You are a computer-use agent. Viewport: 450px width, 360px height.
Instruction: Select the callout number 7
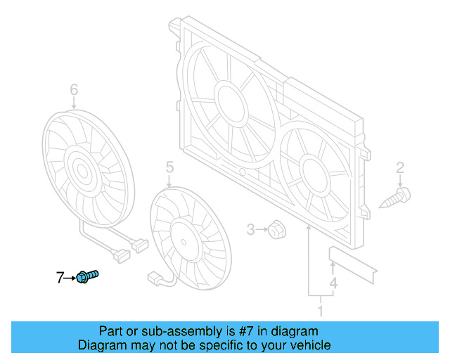click(60, 278)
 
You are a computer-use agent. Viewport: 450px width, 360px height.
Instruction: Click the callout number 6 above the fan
click(74, 89)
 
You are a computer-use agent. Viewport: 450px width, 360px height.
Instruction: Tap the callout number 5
click(169, 167)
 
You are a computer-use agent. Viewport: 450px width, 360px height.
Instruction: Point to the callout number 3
click(250, 229)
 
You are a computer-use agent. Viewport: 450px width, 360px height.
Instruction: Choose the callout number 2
click(400, 167)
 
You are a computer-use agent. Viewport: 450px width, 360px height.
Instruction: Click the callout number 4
click(333, 283)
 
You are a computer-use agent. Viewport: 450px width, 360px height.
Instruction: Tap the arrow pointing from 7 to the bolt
click(70, 278)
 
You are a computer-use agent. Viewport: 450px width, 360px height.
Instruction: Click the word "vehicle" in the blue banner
click(307, 345)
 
